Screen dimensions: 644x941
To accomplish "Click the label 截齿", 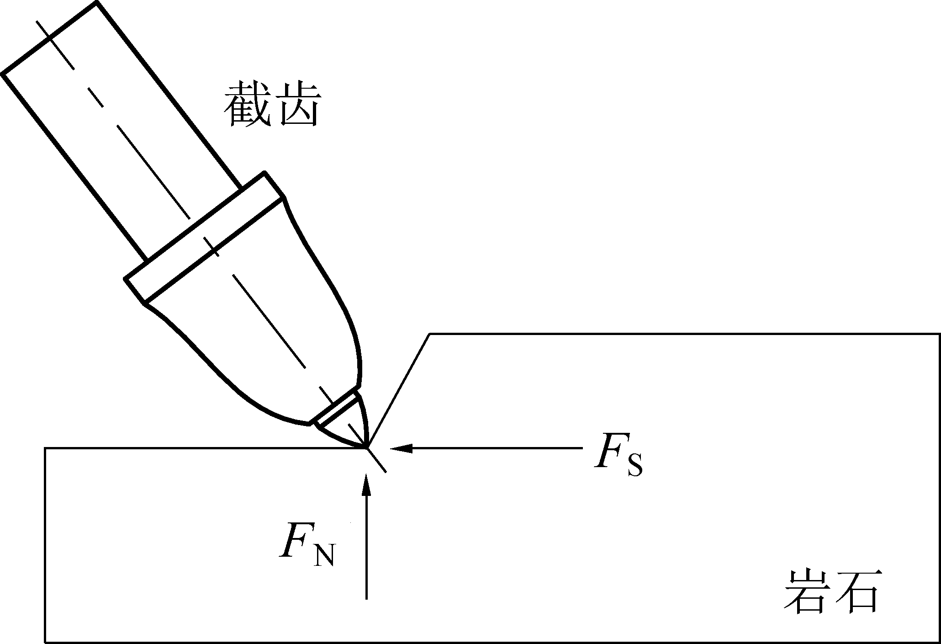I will [272, 105].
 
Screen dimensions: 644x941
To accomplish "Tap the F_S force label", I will [618, 458].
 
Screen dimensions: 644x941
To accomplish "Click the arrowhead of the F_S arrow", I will [401, 448].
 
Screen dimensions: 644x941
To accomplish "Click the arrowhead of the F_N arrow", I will [366, 485].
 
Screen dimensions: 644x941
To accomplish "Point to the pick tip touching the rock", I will [366, 445].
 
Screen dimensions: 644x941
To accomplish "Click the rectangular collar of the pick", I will [204, 237].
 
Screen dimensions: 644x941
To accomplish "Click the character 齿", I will [298, 105].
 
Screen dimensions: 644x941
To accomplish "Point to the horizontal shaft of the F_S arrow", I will [493, 448].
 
